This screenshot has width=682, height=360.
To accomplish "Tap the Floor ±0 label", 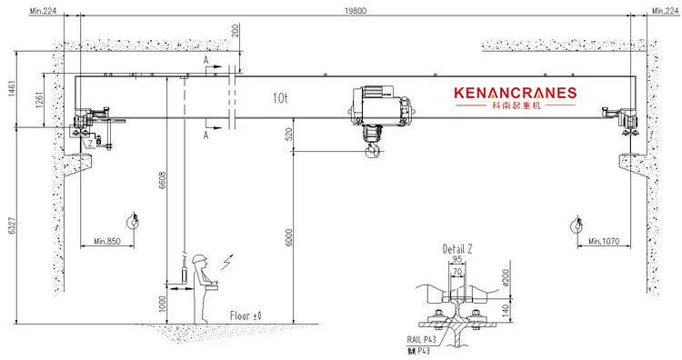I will coord(246,315).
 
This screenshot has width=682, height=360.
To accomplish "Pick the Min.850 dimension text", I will coord(107,241).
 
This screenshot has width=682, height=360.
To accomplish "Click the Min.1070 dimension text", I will coord(603,241).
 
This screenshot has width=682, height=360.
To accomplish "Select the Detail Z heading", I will coord(456,248).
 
